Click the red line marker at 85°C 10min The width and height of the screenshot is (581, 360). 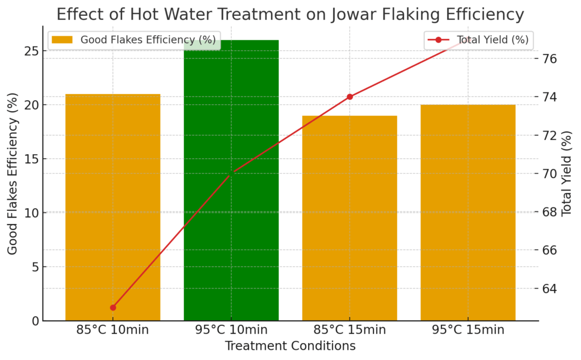point(113,307)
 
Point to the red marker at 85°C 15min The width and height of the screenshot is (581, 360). point(350,96)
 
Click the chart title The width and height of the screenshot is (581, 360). point(290,13)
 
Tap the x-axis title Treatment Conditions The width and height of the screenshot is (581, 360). point(290,346)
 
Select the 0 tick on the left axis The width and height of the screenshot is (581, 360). point(35,321)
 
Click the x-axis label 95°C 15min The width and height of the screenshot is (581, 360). point(468,330)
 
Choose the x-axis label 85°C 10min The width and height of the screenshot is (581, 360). point(113,330)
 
